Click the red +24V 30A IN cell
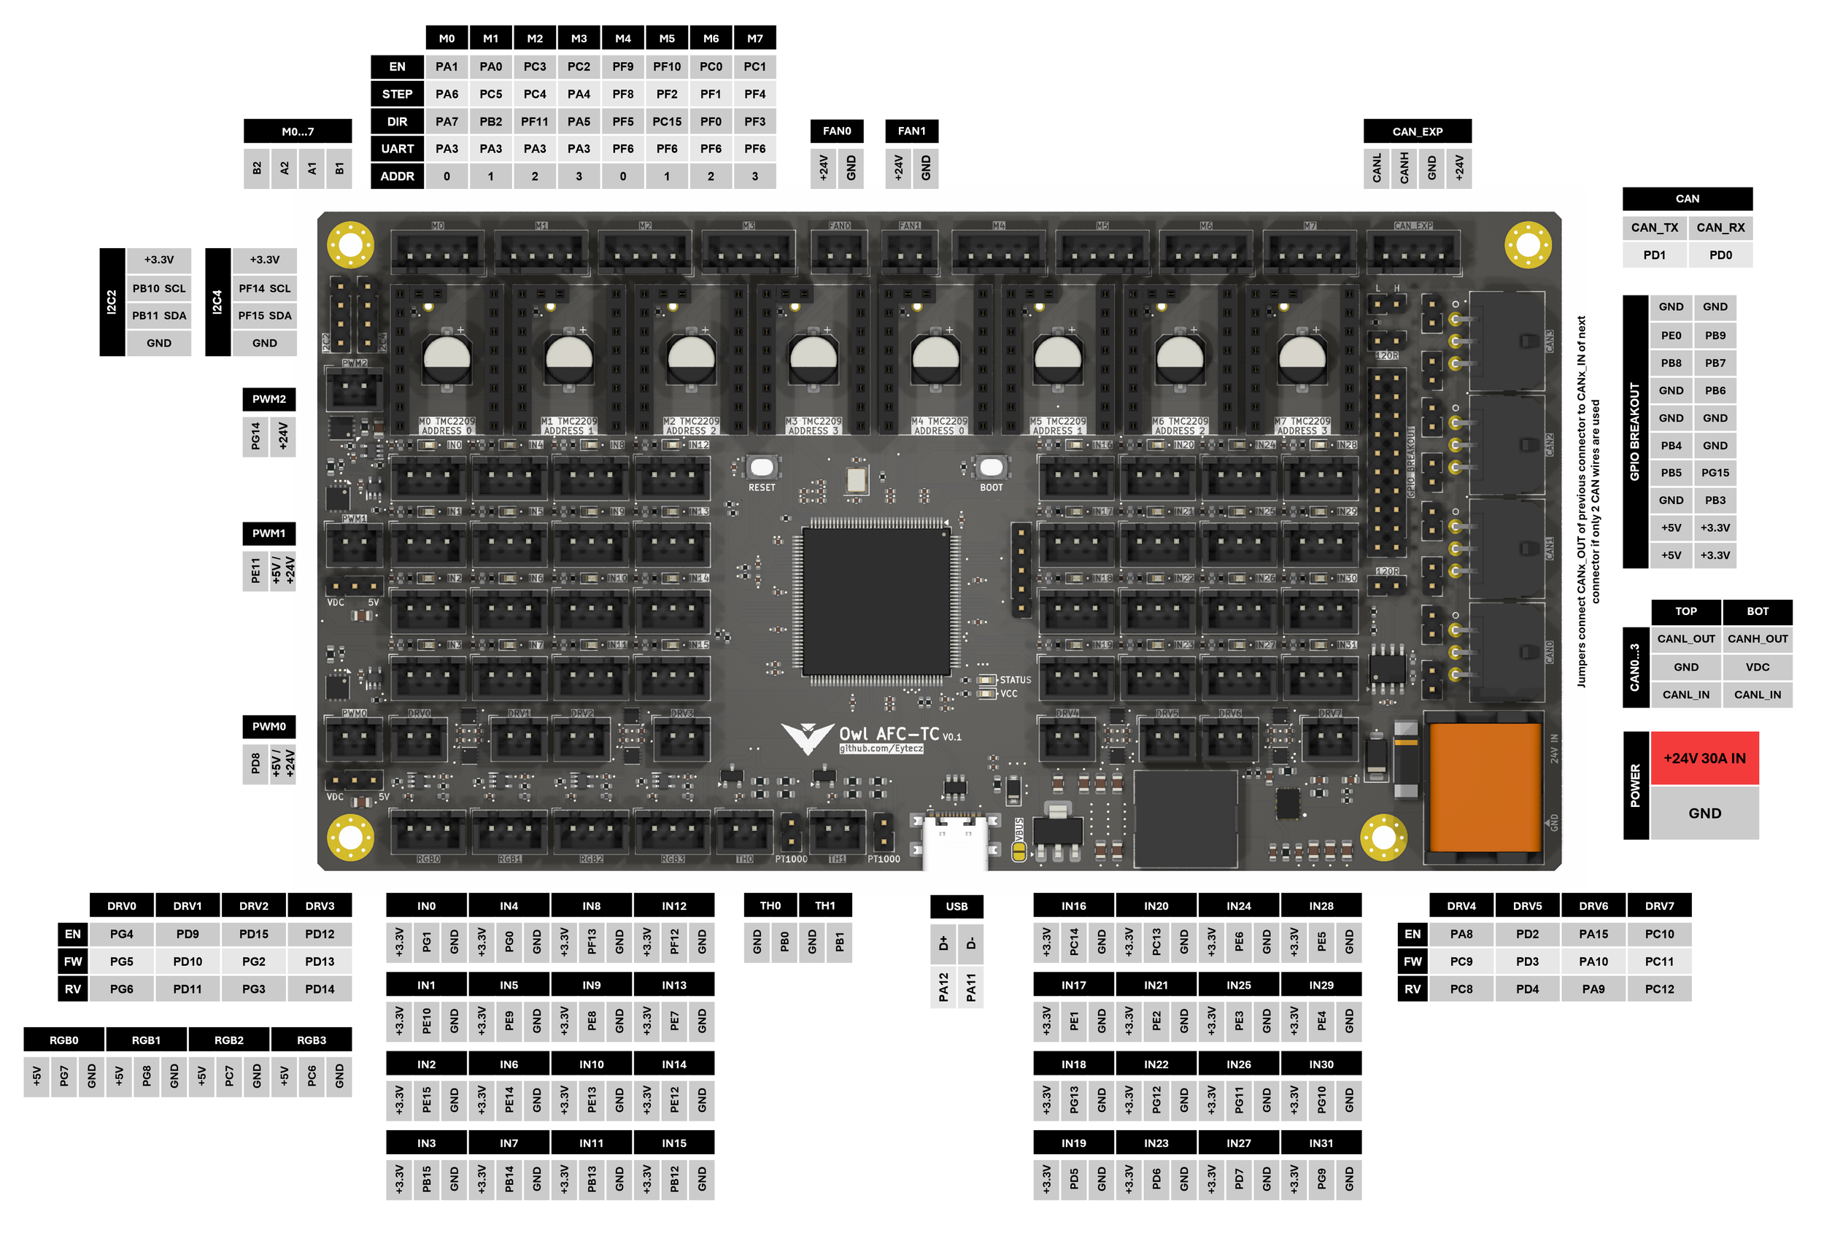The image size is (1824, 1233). [1704, 758]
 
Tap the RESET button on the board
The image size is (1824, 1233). [761, 468]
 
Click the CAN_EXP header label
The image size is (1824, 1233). [1417, 131]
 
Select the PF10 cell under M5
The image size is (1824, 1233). [666, 66]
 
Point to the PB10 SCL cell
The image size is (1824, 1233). [158, 288]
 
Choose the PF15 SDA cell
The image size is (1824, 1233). [265, 315]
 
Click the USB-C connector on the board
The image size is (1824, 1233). [955, 840]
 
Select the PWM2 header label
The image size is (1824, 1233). [268, 398]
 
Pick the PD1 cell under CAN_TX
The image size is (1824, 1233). [1654, 255]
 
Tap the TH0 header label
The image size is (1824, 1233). [770, 905]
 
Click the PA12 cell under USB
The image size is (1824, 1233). [943, 987]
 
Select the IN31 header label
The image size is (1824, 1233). [1321, 1143]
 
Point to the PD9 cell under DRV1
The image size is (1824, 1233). [188, 934]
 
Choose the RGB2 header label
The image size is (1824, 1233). [228, 1040]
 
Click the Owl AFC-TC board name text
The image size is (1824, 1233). [889, 734]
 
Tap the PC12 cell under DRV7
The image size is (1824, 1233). [1659, 989]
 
